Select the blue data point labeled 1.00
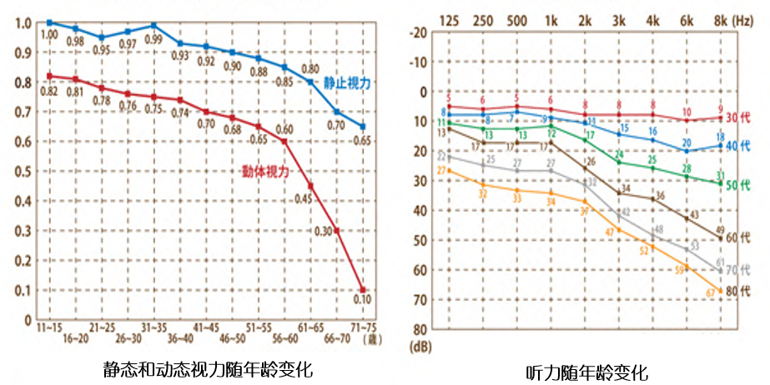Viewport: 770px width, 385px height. [50, 22]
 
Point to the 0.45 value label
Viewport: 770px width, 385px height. [302, 199]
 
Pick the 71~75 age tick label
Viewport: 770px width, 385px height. [364, 329]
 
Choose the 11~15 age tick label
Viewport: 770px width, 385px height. [50, 329]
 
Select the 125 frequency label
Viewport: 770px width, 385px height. [449, 19]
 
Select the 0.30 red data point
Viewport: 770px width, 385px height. [337, 230]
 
